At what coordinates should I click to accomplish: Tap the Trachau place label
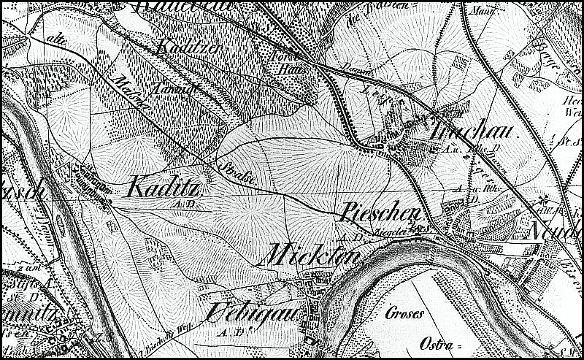pos(472,131)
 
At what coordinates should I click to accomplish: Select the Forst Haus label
pos(282,64)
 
